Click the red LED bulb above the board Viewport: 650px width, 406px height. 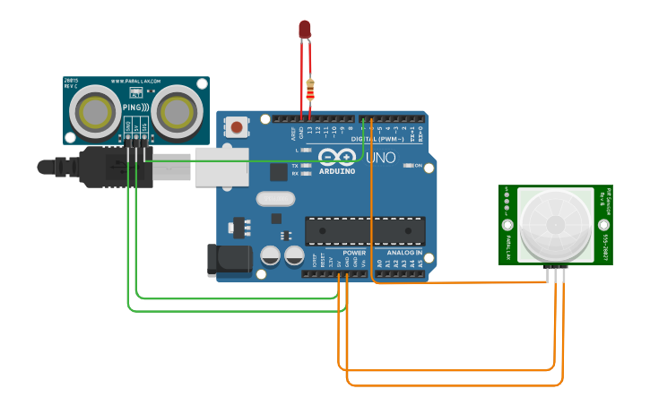(305, 30)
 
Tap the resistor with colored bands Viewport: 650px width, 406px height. (310, 90)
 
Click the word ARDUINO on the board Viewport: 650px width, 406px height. (338, 170)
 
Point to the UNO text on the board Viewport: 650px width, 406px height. (380, 158)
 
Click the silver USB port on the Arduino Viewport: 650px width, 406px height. (221, 167)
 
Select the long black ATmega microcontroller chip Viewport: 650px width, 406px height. (365, 230)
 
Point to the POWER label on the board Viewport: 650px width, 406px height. (355, 254)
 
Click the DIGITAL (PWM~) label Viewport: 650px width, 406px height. (377, 140)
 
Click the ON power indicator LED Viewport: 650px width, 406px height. (409, 166)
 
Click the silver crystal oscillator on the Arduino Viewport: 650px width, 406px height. (274, 199)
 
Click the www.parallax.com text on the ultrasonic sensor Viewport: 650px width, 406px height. (136, 82)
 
